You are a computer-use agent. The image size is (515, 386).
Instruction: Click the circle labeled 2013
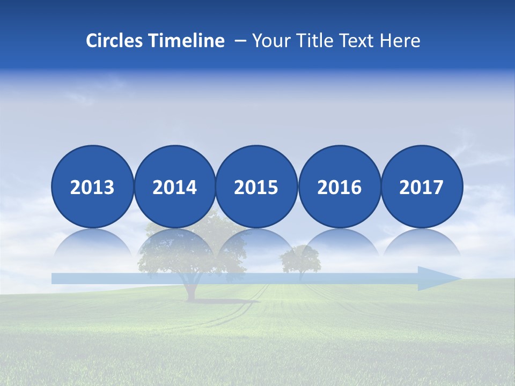(x=92, y=187)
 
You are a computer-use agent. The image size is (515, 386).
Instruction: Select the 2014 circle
(x=174, y=187)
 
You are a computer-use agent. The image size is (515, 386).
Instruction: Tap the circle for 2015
(x=256, y=187)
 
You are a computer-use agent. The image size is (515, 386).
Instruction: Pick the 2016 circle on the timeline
(x=339, y=187)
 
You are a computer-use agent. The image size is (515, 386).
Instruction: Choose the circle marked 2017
(x=421, y=187)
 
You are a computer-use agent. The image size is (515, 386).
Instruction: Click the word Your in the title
(x=269, y=41)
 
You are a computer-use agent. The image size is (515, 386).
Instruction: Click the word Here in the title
(x=400, y=41)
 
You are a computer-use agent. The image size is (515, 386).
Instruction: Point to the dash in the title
(x=240, y=41)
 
